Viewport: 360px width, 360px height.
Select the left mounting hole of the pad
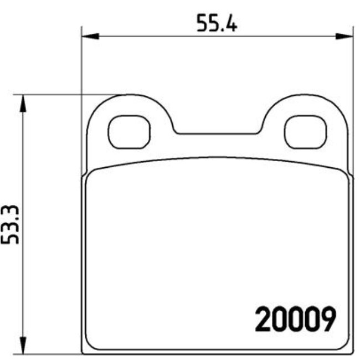pyautogui.click(x=129, y=132)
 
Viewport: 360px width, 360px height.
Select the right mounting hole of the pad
pyautogui.click(x=306, y=132)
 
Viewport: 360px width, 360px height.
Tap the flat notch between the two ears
pyautogui.click(x=218, y=133)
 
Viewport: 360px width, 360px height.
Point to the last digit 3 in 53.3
pyautogui.click(x=11, y=212)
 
